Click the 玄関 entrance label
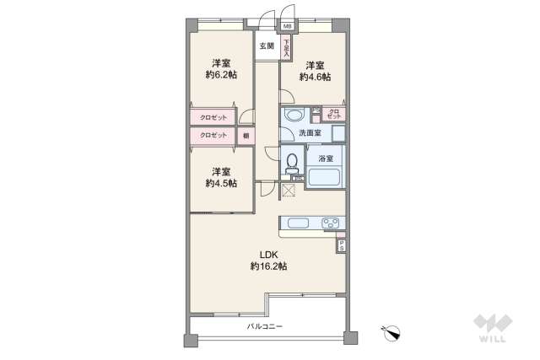tap(267, 46)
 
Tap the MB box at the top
tap(289, 26)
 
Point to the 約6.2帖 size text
tap(221, 75)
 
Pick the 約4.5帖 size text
tap(221, 183)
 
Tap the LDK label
tap(268, 255)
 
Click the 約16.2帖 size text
tap(268, 266)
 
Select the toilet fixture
tap(292, 160)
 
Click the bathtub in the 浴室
tap(324, 178)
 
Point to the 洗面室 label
tap(310, 133)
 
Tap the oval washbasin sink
tap(294, 115)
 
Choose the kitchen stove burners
tap(330, 223)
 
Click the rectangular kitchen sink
tap(300, 223)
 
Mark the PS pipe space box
tap(341, 245)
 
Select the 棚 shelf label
tap(246, 136)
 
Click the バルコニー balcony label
tap(265, 325)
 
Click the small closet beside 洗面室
tap(333, 114)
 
